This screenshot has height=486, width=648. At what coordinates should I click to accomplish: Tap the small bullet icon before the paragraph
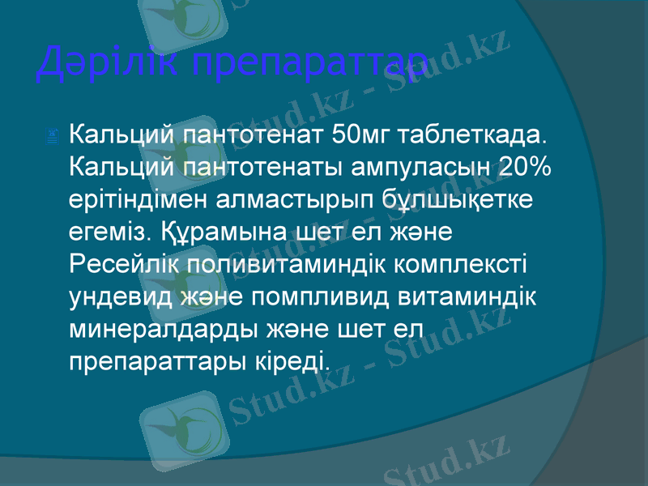(x=53, y=139)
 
